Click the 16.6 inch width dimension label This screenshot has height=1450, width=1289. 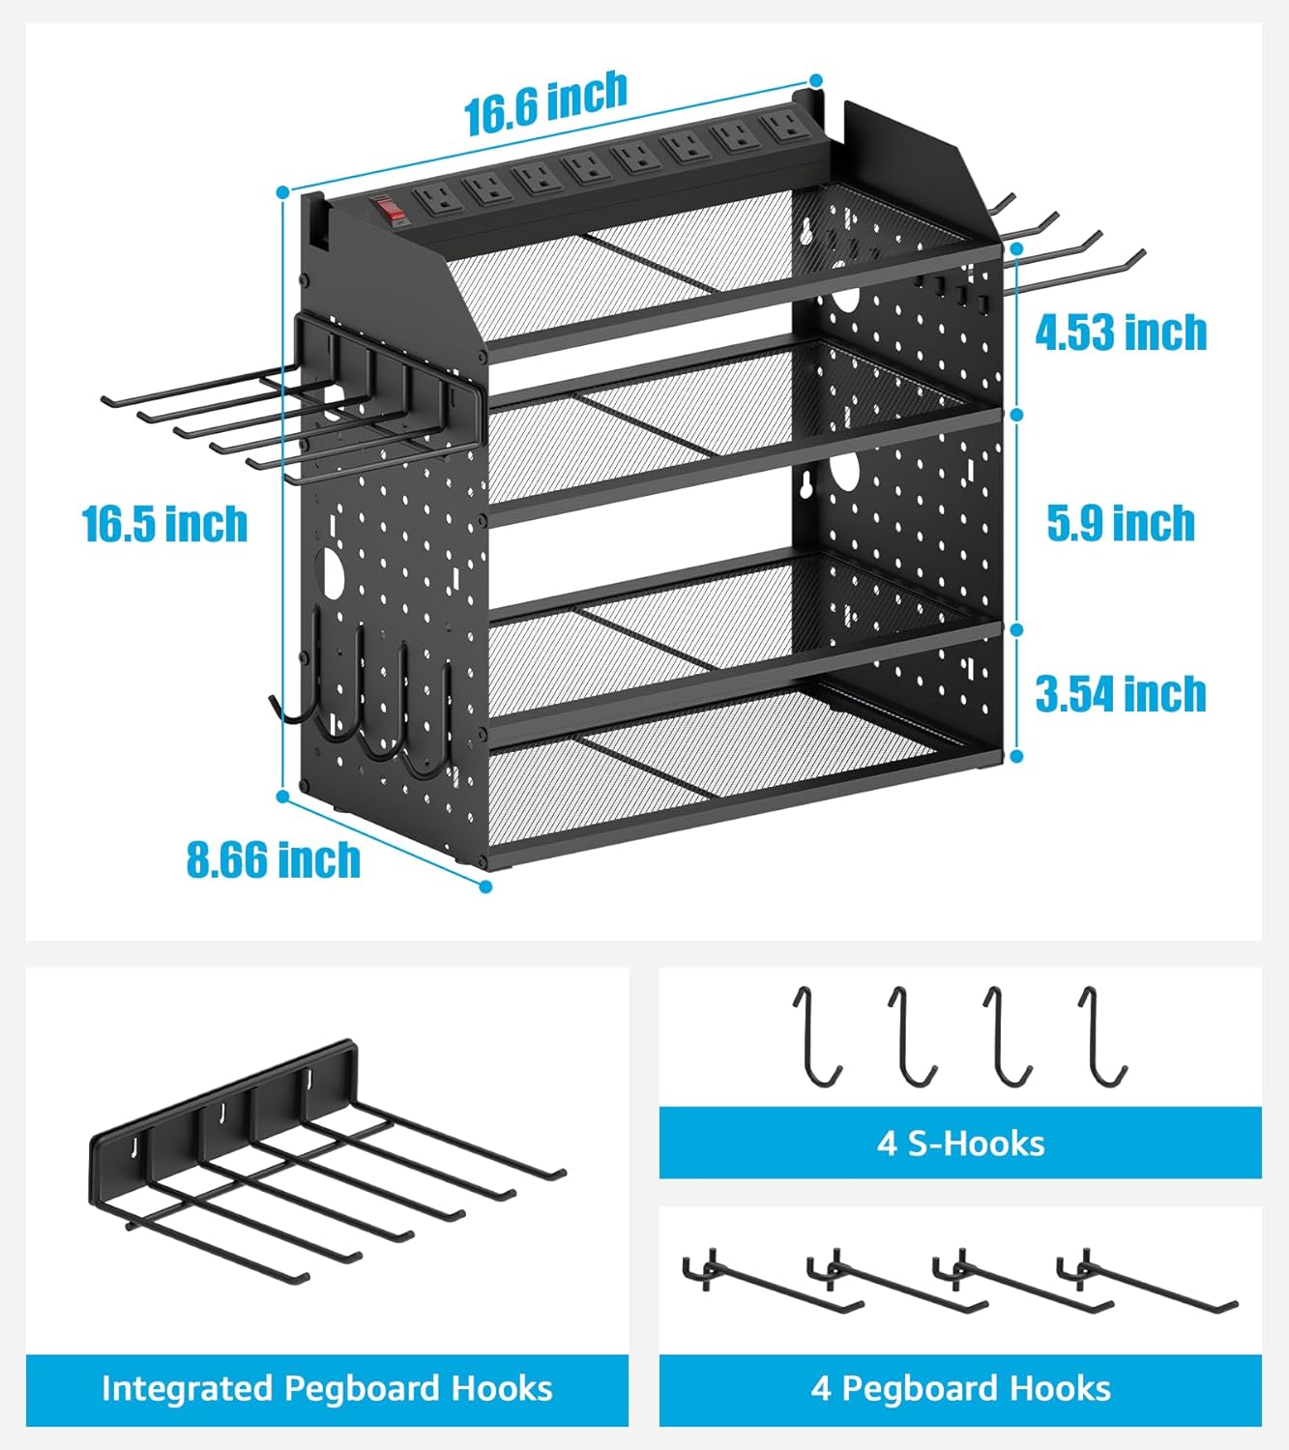[545, 104]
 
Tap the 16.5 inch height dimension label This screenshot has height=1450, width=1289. [165, 524]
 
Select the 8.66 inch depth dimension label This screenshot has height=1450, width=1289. [274, 859]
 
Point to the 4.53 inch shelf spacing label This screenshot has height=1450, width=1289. [1121, 333]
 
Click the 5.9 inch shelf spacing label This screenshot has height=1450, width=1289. [1121, 523]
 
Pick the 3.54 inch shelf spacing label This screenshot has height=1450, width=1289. [1121, 694]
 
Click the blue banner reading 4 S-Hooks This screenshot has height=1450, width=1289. [960, 1143]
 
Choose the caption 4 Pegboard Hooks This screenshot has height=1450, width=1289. [960, 1389]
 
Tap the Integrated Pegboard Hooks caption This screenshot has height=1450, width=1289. [327, 1389]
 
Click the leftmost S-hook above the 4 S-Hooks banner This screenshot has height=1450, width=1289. [816, 1034]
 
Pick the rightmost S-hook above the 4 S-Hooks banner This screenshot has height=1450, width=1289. [1102, 1034]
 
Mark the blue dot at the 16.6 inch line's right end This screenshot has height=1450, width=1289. [816, 80]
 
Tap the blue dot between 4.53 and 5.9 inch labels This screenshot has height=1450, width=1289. [1017, 414]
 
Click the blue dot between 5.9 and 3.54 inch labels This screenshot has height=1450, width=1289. [1017, 629]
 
